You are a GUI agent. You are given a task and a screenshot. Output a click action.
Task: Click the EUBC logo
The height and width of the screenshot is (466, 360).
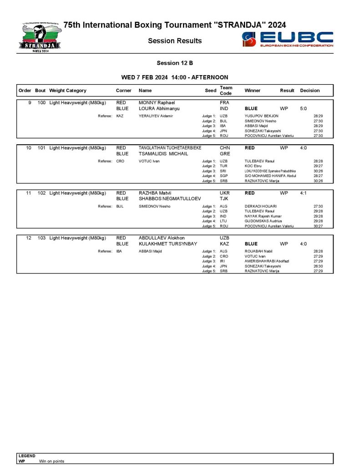click(x=288, y=39)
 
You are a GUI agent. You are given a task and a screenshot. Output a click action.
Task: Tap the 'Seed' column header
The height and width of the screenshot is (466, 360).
click(x=210, y=91)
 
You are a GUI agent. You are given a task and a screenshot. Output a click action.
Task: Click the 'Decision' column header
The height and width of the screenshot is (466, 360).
click(x=309, y=91)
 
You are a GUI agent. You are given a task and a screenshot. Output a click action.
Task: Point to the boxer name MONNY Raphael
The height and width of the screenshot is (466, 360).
click(x=157, y=103)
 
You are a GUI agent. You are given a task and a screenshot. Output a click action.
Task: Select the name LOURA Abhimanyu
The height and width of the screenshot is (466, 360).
click(x=159, y=109)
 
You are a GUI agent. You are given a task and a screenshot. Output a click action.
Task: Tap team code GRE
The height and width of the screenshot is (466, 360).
click(x=225, y=154)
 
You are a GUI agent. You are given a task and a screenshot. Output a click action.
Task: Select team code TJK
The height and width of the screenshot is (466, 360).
click(x=224, y=199)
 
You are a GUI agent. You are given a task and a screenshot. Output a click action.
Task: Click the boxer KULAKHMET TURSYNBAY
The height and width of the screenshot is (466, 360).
click(x=168, y=244)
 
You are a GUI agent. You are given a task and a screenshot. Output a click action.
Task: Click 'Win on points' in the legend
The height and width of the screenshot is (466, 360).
click(x=51, y=461)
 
